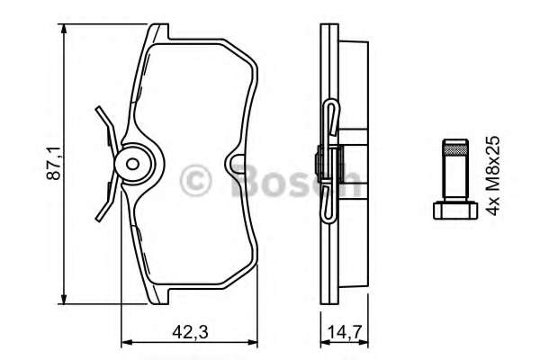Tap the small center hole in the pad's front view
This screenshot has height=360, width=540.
(x=131, y=165)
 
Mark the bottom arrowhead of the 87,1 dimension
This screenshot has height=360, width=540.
(x=65, y=301)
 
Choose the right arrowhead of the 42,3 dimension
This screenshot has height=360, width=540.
(x=256, y=342)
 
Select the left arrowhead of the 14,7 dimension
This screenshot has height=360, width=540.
(x=323, y=342)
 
